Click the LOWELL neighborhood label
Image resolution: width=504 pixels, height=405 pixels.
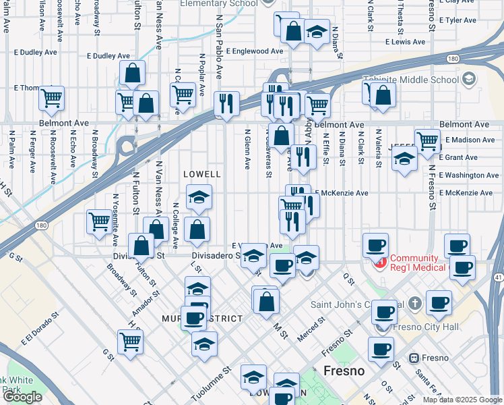(x=202, y=174)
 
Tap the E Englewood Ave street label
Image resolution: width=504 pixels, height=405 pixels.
(x=255, y=51)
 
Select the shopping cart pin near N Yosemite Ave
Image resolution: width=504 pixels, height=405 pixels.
(x=100, y=221)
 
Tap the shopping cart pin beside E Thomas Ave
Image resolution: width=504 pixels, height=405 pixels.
(x=51, y=99)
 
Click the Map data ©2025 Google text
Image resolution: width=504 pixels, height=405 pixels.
(x=462, y=400)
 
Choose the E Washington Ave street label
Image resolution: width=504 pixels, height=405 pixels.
(x=470, y=175)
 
